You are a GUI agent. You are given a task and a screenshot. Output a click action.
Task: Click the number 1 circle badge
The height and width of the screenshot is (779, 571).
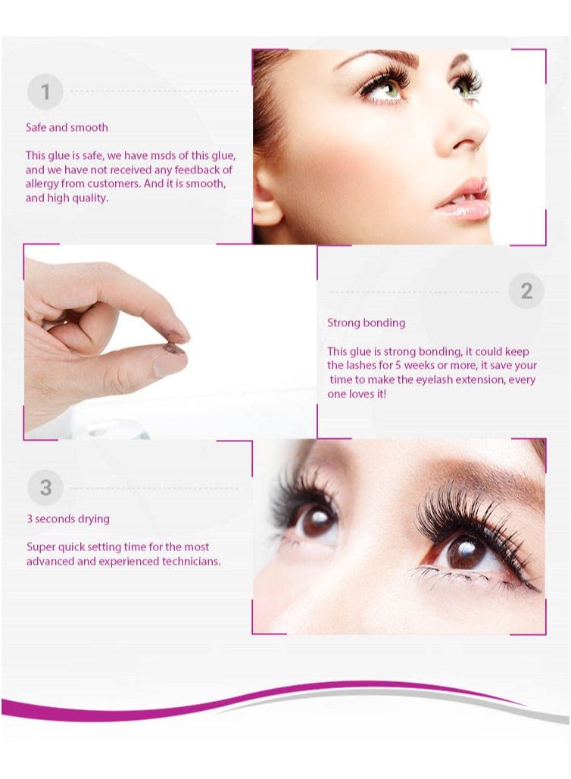pos(45,92)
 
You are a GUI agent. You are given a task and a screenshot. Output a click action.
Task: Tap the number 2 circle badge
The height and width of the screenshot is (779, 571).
pos(526,291)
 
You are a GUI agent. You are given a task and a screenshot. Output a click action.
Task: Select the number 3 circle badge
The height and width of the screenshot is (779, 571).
pos(45,488)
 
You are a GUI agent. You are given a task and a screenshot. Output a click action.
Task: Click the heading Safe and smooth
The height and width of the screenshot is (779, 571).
pos(67,127)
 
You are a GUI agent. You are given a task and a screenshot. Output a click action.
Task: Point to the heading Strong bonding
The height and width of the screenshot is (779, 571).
pos(366,323)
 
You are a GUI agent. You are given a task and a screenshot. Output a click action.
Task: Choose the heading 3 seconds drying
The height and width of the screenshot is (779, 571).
pos(68,519)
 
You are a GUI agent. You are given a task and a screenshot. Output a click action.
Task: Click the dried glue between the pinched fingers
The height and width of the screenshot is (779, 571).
pos(174,348)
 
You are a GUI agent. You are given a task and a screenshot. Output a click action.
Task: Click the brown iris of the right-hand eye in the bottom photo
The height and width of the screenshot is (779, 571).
pos(465,550)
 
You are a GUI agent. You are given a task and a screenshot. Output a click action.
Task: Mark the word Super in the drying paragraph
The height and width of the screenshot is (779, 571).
pos(42,547)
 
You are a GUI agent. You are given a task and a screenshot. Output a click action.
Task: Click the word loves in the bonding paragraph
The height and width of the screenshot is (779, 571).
pos(362,394)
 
